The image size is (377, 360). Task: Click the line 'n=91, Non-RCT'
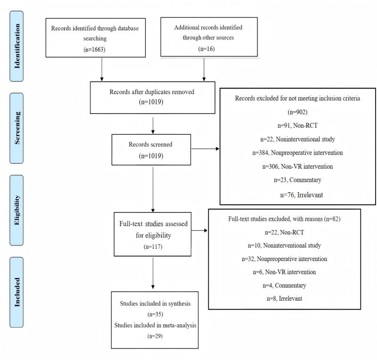point(297,126)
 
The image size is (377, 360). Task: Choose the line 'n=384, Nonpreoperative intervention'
point(297,153)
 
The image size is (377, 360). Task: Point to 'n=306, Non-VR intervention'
point(297,166)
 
